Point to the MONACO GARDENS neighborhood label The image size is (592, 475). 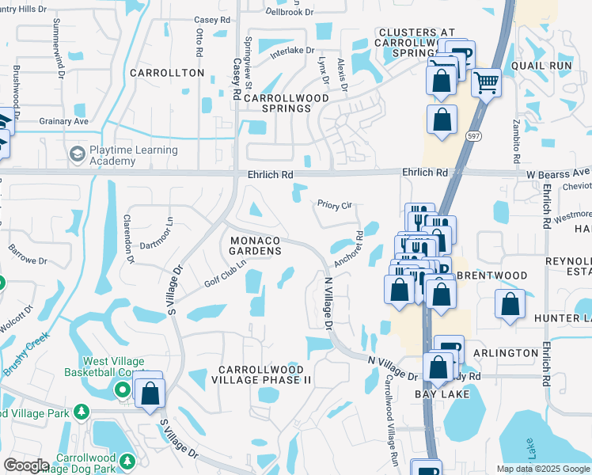(255, 245)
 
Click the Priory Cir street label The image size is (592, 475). (334, 205)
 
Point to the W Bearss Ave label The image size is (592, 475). (558, 172)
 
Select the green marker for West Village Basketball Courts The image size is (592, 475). (121, 389)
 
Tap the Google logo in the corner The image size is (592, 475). (26, 465)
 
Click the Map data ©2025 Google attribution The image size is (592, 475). (543, 469)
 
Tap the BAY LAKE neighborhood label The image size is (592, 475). (442, 393)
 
